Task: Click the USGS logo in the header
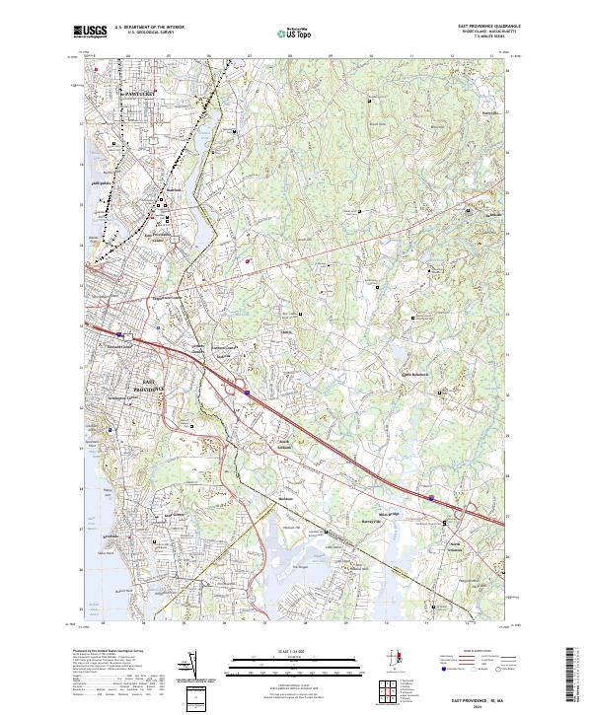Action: [x=90, y=32]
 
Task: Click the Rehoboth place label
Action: [x=415, y=376]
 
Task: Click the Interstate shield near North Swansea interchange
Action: [x=431, y=500]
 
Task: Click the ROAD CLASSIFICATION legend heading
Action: [x=481, y=652]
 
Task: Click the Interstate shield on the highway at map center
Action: [x=249, y=393]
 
